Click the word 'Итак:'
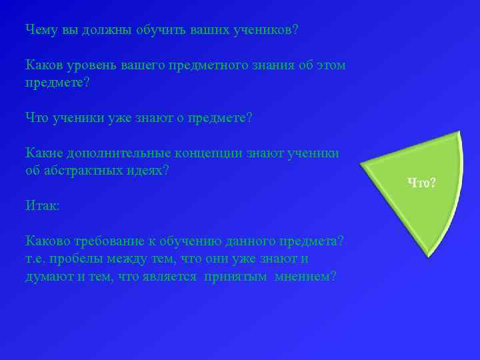[42, 206]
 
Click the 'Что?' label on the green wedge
[422, 182]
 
